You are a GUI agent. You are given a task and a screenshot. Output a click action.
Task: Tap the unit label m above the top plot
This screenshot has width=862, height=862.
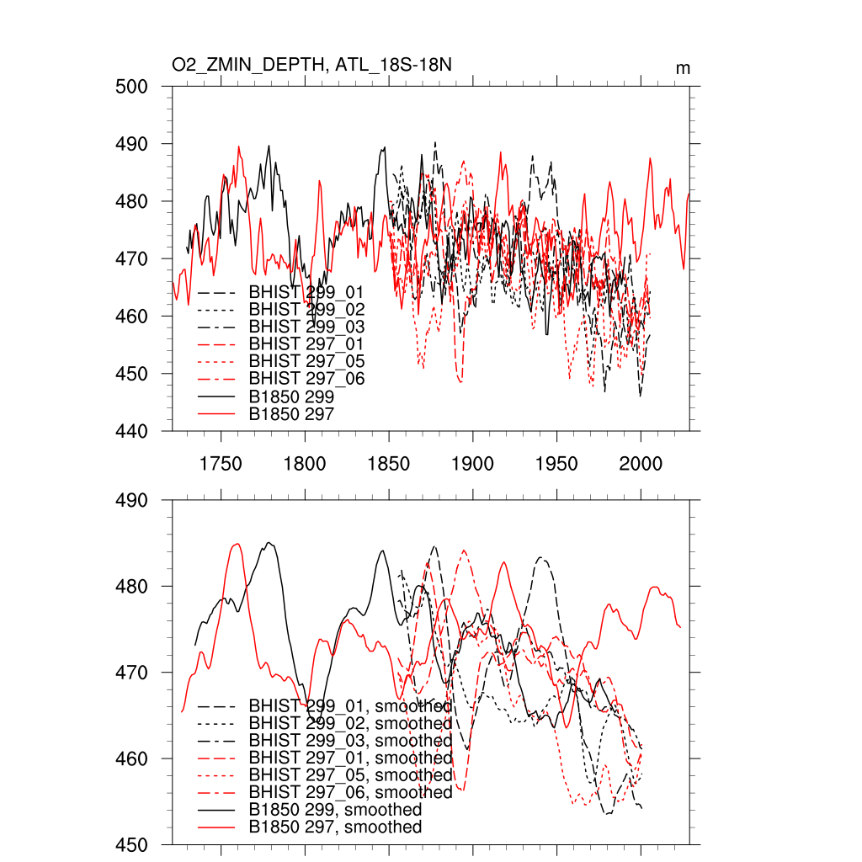pos(683,68)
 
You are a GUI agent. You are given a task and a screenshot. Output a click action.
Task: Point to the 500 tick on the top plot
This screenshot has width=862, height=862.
pos(132,87)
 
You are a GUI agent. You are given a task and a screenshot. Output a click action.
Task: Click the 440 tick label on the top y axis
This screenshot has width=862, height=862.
pos(132,431)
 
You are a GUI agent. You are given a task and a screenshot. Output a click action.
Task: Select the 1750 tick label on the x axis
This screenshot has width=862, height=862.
pos(221,464)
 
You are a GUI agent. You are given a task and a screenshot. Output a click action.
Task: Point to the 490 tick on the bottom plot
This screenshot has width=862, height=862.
pos(132,501)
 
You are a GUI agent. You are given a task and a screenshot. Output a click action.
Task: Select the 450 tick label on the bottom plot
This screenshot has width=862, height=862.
pos(132,845)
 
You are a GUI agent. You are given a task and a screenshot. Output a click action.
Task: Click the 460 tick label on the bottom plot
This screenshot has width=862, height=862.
pos(132,759)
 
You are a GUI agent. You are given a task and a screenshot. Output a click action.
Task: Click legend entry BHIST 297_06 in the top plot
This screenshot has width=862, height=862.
pos(306,379)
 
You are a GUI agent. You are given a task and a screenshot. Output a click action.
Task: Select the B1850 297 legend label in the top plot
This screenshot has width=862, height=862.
pos(291,414)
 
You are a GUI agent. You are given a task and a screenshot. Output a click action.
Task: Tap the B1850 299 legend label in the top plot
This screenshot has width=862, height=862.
pos(291,396)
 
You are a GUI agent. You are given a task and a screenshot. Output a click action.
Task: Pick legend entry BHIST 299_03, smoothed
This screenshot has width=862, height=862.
pos(350,741)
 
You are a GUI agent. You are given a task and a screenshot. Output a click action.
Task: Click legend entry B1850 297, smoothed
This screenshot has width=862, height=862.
pos(335,827)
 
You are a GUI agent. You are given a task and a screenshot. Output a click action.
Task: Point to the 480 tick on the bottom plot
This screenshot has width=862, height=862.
pos(132,587)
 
